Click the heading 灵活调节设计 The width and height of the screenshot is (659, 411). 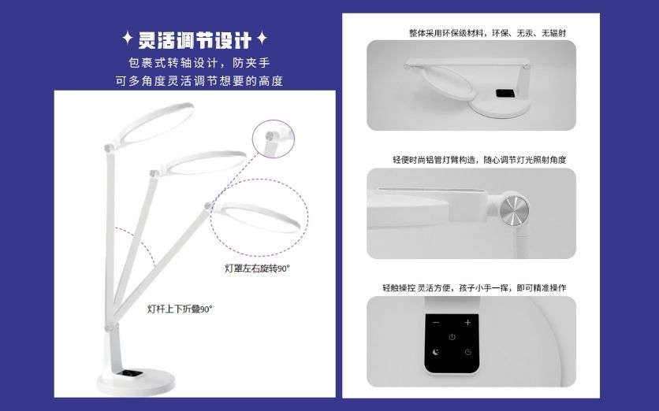click(x=195, y=40)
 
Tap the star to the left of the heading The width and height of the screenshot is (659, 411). click(x=128, y=39)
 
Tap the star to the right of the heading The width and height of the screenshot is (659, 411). click(x=262, y=39)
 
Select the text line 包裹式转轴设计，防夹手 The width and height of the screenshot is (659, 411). click(x=199, y=63)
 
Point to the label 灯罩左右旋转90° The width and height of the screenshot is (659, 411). click(x=257, y=268)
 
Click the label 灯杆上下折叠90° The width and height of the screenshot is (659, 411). click(x=180, y=309)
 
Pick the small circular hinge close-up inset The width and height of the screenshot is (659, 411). click(x=274, y=139)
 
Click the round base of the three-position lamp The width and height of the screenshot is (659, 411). click(x=136, y=382)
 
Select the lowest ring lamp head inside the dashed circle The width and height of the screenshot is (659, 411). click(x=256, y=217)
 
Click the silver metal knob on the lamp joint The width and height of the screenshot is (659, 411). click(x=514, y=209)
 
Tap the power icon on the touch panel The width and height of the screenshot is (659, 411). click(x=452, y=337)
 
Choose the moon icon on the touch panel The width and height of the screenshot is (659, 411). click(x=436, y=352)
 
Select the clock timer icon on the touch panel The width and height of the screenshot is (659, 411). click(x=467, y=352)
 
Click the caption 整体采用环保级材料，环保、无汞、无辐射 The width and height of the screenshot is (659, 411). click(x=487, y=33)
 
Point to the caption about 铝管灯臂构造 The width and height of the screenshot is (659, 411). click(x=479, y=160)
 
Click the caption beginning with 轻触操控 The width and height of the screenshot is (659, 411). click(x=475, y=288)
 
